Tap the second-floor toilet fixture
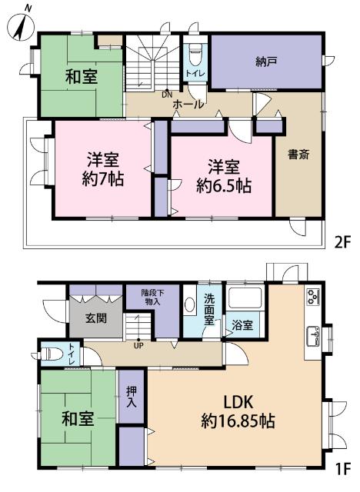click(x=195, y=55)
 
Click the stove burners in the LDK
click(x=313, y=295)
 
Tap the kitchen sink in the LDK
click(x=314, y=334)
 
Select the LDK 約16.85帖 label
click(x=239, y=411)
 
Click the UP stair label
click(x=138, y=344)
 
